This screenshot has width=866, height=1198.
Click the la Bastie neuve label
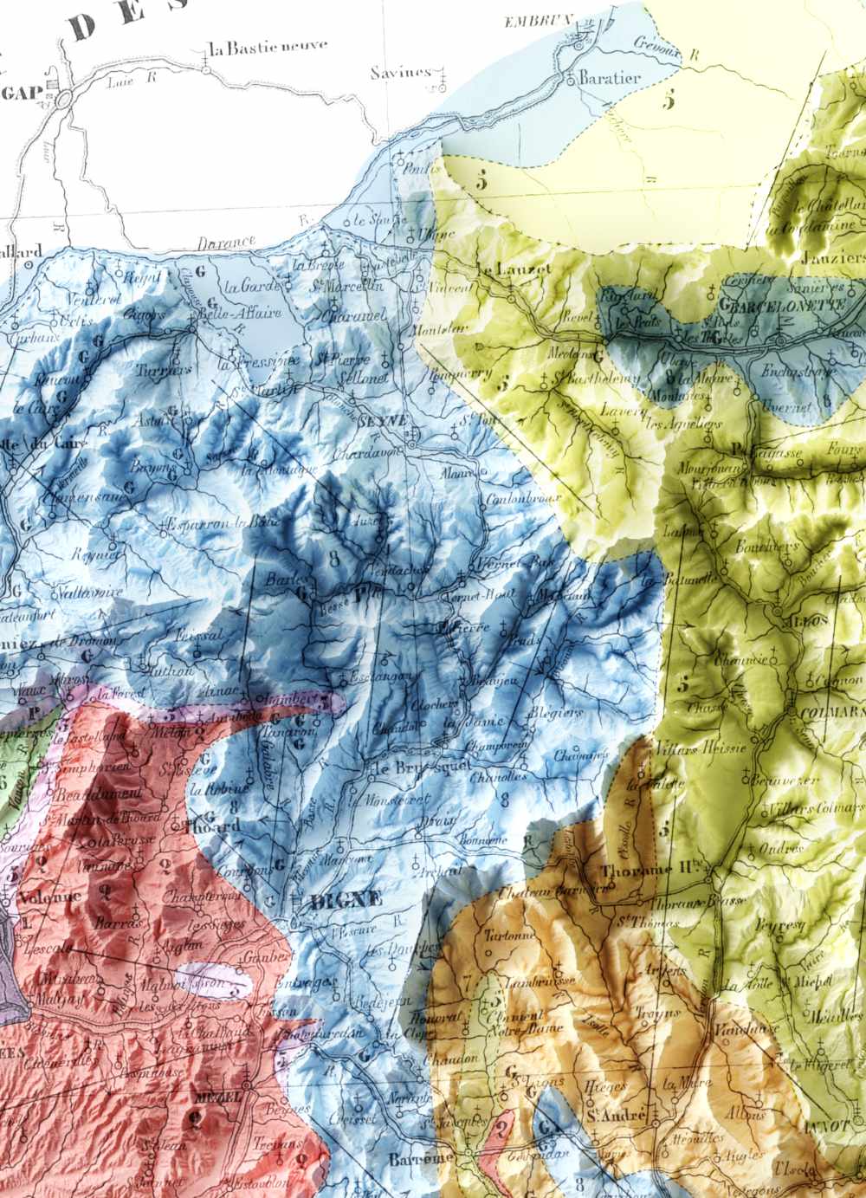[268, 48]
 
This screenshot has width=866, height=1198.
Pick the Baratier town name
[611, 78]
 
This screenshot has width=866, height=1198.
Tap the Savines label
[400, 73]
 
